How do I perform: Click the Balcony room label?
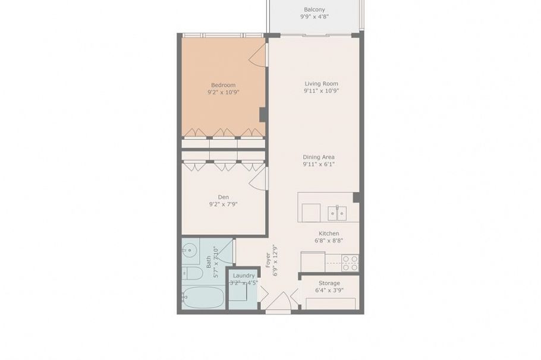click(x=314, y=10)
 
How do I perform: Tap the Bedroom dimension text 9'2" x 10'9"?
click(x=223, y=93)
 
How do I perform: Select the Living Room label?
click(x=321, y=84)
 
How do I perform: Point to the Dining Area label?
click(x=319, y=157)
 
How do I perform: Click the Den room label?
click(x=223, y=197)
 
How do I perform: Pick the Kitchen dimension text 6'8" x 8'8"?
click(x=328, y=241)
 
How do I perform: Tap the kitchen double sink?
click(x=337, y=213)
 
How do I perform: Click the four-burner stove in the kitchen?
click(x=350, y=263)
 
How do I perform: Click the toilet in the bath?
click(x=192, y=274)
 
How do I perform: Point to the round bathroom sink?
click(x=190, y=250)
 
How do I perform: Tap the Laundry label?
click(x=244, y=276)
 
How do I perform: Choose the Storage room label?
click(x=329, y=283)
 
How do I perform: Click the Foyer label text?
click(x=268, y=260)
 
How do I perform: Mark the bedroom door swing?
click(x=258, y=55)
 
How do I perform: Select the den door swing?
click(x=259, y=179)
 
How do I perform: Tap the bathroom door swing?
click(x=225, y=252)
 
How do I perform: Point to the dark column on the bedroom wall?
click(x=263, y=115)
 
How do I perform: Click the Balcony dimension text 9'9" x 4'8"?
click(x=314, y=17)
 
